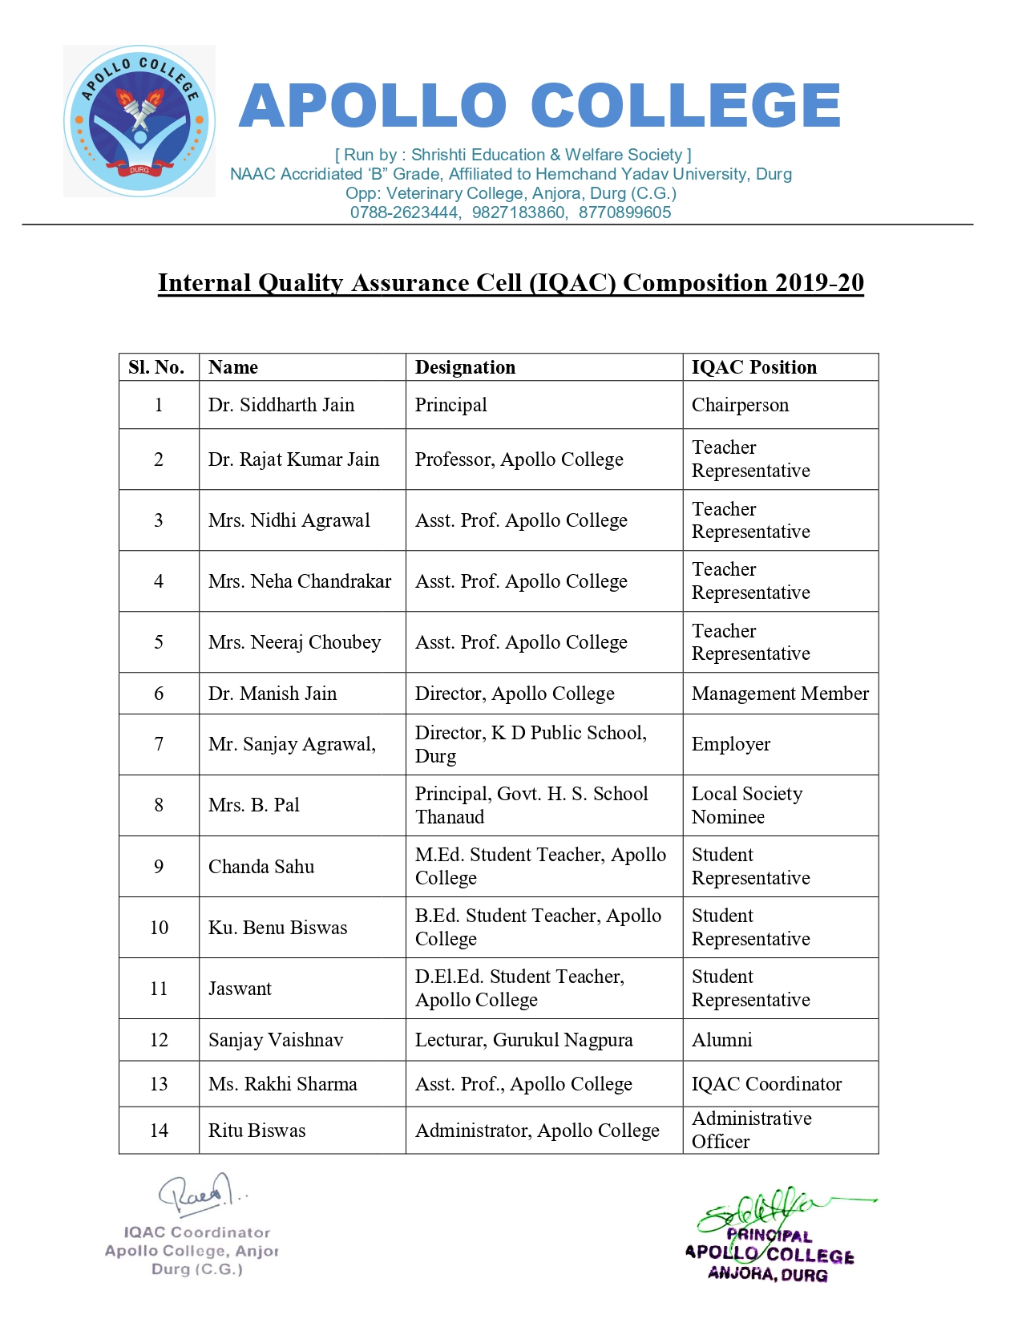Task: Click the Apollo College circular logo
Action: [x=139, y=121]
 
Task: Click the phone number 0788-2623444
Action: [x=404, y=212]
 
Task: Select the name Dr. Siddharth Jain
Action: [x=281, y=405]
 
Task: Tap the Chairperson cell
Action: [x=740, y=405]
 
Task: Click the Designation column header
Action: [x=465, y=367]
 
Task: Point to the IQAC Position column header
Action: [x=754, y=367]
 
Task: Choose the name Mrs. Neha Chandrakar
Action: [x=300, y=581]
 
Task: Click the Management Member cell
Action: [x=780, y=694]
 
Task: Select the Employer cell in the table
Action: [x=731, y=744]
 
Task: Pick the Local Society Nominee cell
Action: [x=747, y=805]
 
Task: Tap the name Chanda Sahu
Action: [x=261, y=867]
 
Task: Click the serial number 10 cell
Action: [x=159, y=928]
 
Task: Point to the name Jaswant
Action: [x=240, y=989]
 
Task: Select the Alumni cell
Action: [x=721, y=1040]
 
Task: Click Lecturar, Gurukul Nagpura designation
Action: [x=523, y=1040]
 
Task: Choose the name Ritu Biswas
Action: [x=257, y=1131]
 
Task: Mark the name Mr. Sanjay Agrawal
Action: [x=292, y=744]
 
